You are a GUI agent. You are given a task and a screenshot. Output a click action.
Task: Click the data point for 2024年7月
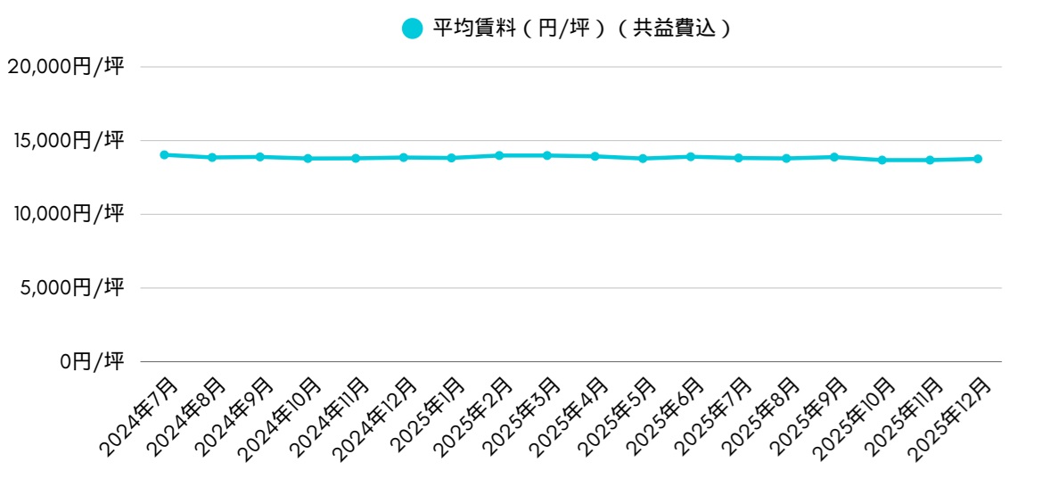[164, 155]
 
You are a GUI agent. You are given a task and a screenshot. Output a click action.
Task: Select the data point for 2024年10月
[308, 159]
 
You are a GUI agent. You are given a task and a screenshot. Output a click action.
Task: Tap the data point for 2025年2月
[499, 155]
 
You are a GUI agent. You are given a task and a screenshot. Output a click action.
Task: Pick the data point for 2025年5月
[643, 159]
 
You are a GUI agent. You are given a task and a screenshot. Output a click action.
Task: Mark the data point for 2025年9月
[834, 157]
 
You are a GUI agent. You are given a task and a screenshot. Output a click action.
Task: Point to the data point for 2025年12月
[978, 159]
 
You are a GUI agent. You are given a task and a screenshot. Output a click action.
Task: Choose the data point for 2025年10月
[882, 161]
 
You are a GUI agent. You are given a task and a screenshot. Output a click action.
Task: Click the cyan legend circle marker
[412, 29]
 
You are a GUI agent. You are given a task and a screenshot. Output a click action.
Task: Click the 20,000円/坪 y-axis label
[65, 66]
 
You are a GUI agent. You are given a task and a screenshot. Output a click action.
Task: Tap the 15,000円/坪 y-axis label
[65, 140]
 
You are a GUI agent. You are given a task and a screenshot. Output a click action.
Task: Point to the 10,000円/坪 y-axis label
[65, 214]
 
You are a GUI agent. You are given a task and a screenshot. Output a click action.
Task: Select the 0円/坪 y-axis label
[92, 361]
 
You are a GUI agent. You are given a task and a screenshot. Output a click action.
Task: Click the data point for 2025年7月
[739, 158]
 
